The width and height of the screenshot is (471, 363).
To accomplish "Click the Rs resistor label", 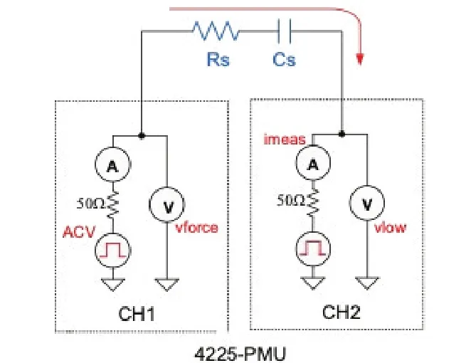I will (x=218, y=60).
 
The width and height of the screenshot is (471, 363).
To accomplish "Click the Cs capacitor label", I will (x=284, y=60).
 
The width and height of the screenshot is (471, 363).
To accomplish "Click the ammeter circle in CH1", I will (x=112, y=167).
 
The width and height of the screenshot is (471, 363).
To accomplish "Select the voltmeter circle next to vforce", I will (x=167, y=206).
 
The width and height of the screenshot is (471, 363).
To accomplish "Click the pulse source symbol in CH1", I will (x=112, y=250).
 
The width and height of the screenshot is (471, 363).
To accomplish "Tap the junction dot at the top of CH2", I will (x=343, y=133).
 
